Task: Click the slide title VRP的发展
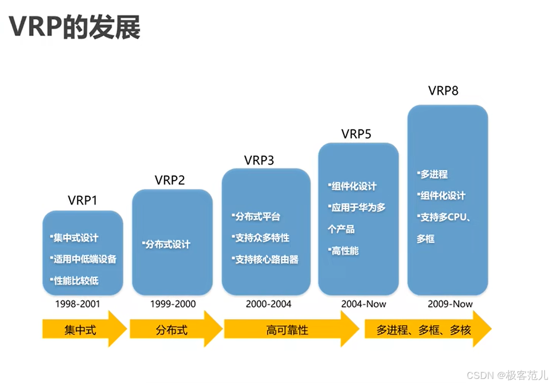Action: (x=75, y=27)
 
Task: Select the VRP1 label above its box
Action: (x=82, y=200)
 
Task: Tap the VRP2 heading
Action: (x=170, y=180)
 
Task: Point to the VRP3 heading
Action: (x=259, y=161)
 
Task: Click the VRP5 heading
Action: (x=356, y=134)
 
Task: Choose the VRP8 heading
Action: (x=443, y=91)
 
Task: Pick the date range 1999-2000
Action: (x=173, y=304)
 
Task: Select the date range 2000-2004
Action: (x=268, y=304)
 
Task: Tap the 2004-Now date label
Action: (x=363, y=304)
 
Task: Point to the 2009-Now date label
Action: (x=450, y=304)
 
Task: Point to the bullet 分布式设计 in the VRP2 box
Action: (x=168, y=244)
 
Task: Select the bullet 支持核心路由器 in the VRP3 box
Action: (x=266, y=260)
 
